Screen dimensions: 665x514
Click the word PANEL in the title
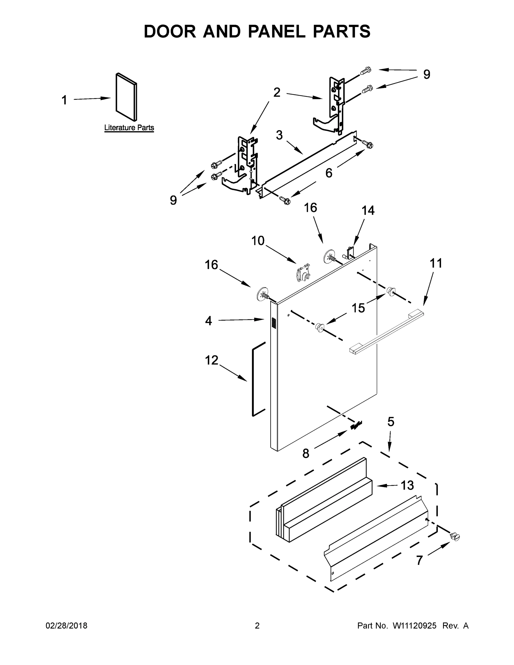tap(277, 31)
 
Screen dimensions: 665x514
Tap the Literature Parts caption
tap(129, 127)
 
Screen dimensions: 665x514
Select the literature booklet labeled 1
tap(126, 97)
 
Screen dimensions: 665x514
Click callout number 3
tap(279, 135)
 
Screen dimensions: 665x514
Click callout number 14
tap(368, 211)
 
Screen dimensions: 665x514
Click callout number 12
tap(211, 360)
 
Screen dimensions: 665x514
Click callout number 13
tap(407, 485)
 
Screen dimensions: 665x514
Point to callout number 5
tap(391, 422)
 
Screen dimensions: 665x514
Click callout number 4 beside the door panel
tap(208, 321)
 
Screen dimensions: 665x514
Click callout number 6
tap(329, 173)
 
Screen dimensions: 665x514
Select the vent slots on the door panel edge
tap(273, 323)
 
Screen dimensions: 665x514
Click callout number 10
tap(258, 241)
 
